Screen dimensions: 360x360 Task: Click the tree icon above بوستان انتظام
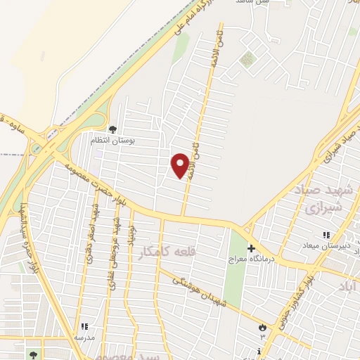click(112, 129)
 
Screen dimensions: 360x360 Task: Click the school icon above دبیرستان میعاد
click(326, 234)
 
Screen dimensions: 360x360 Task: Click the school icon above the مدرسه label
click(84, 326)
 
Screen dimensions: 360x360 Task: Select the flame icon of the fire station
click(263, 327)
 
